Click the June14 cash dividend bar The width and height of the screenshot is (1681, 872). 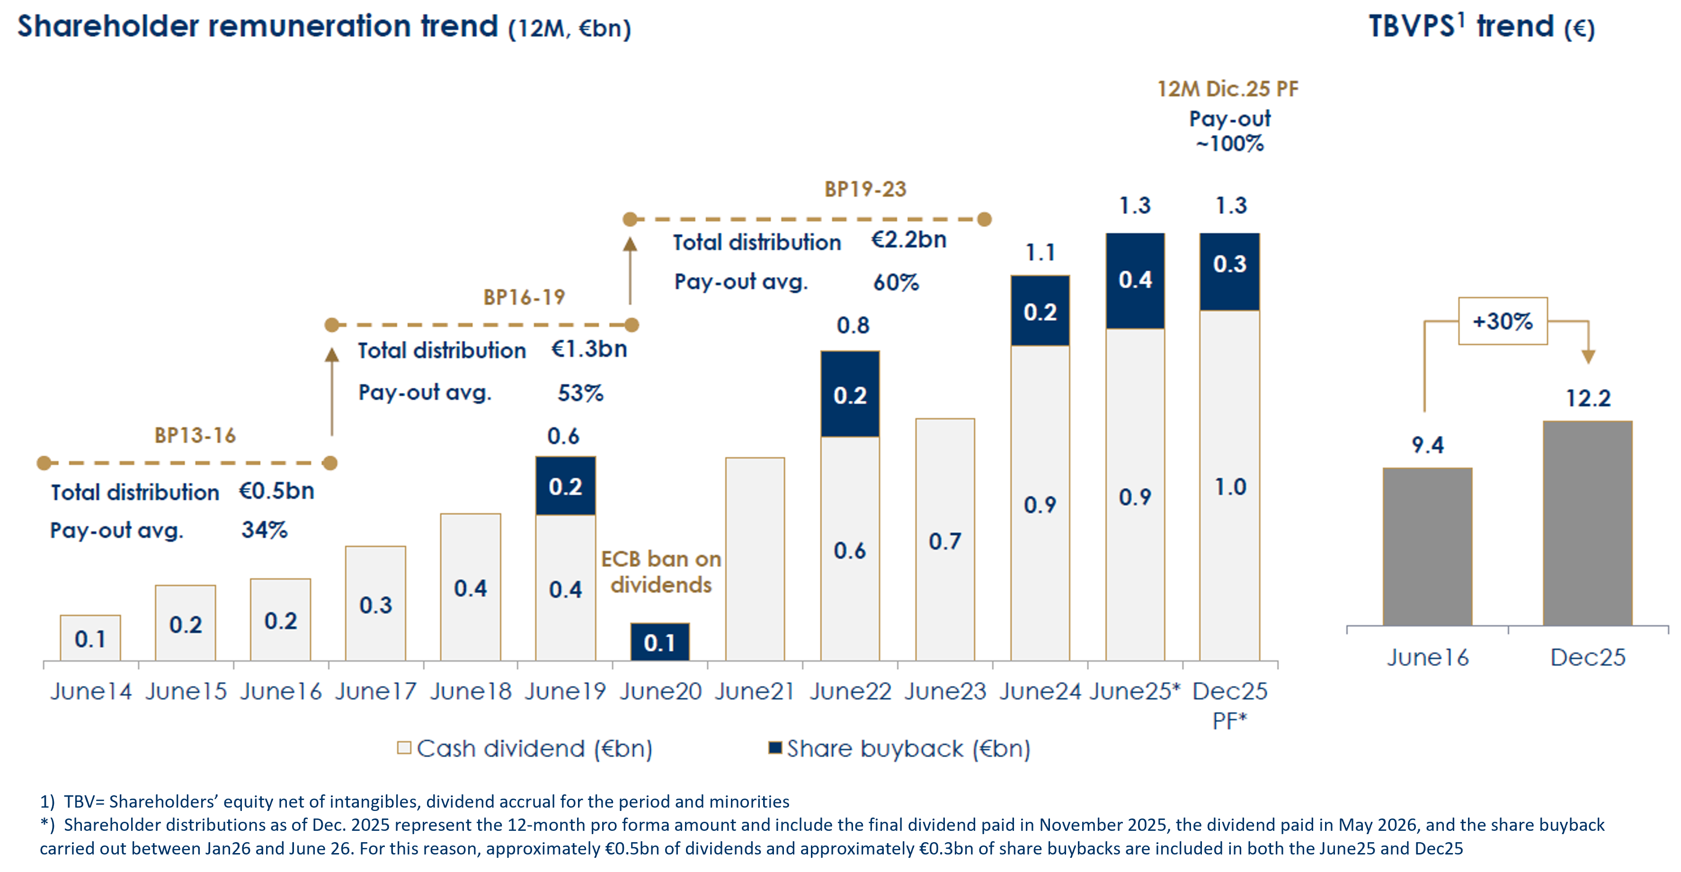tap(90, 638)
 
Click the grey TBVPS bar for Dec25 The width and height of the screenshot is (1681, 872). tap(1588, 524)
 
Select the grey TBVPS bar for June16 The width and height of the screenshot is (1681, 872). tap(1428, 547)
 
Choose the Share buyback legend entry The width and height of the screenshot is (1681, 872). tap(900, 748)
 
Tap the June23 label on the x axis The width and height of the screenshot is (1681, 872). tap(945, 691)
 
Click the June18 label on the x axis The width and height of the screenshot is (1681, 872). tap(471, 691)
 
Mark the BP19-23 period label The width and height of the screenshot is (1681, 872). tap(865, 189)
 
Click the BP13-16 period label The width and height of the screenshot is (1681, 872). tap(195, 436)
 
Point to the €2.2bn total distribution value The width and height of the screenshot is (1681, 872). tap(909, 240)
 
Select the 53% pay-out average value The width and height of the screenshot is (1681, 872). tap(580, 393)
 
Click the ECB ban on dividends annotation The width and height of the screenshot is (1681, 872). tap(661, 572)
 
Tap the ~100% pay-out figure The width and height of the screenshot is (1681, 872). tap(1229, 143)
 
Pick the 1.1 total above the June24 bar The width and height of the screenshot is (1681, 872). tap(1040, 253)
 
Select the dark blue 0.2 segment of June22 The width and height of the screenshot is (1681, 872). tap(850, 394)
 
